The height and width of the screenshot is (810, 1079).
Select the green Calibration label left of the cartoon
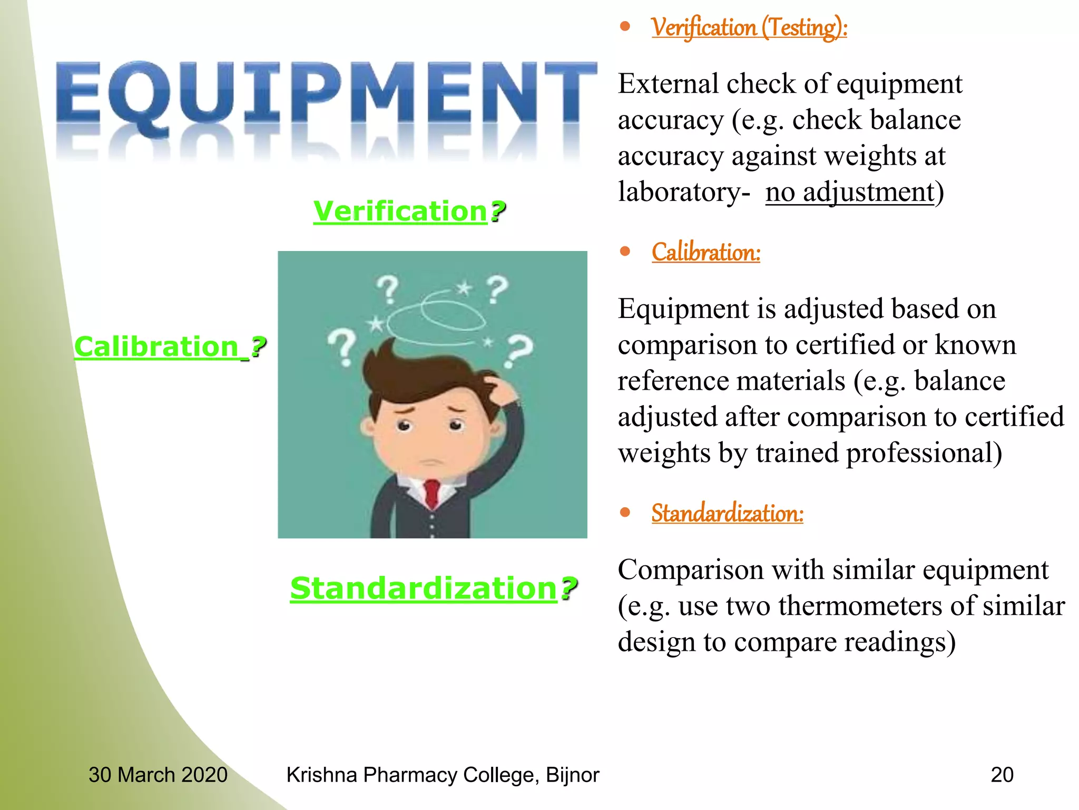coord(170,347)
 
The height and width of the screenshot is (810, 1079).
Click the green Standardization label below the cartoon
coord(433,588)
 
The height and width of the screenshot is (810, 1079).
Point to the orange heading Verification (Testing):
coord(749,27)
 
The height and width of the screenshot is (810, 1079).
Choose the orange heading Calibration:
coord(705,252)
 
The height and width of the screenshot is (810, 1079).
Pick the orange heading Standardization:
coord(727,513)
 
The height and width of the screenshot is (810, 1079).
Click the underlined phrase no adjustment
coord(849,192)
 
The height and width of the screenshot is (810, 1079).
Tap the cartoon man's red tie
coord(432,493)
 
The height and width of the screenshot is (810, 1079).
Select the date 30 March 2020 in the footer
coord(158,775)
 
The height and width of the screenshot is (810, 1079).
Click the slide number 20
coord(1002,775)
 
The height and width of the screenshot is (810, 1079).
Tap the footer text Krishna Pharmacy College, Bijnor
coord(443,775)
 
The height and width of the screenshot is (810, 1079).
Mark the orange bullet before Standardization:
coord(625,512)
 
